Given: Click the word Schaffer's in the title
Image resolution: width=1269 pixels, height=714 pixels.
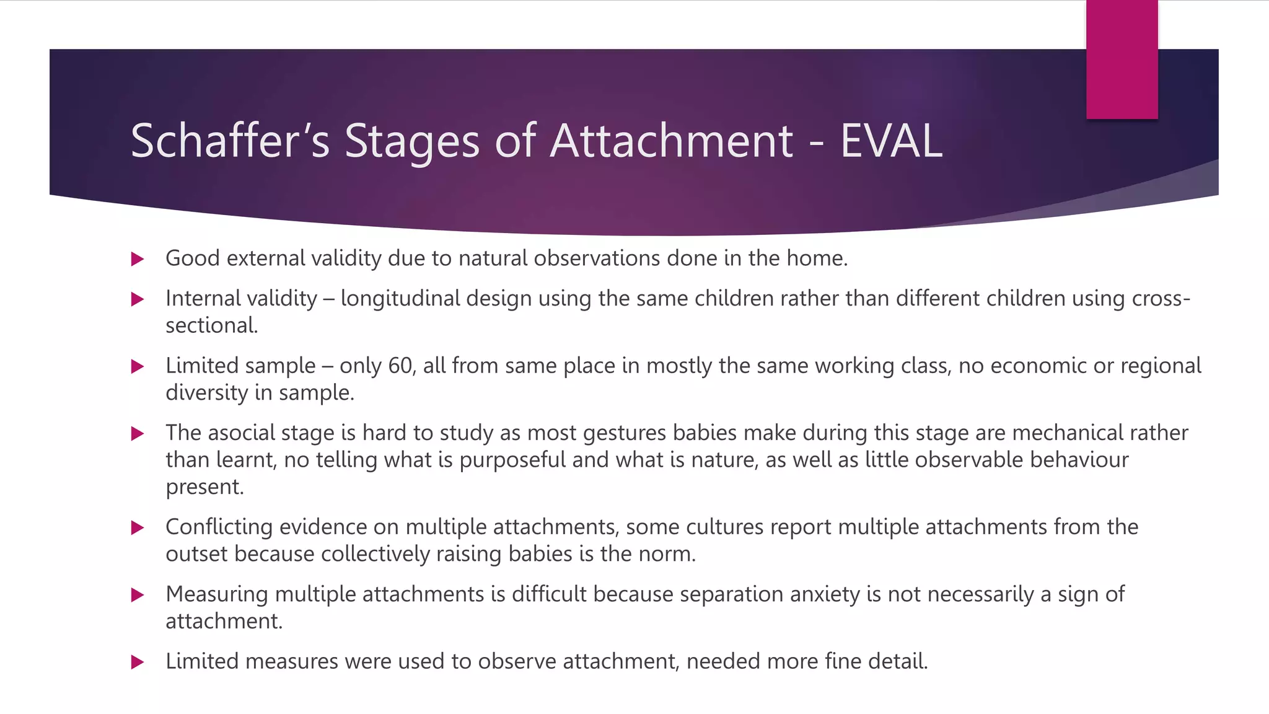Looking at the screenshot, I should coord(230,141).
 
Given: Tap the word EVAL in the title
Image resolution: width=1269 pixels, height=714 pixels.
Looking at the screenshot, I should coord(890,141).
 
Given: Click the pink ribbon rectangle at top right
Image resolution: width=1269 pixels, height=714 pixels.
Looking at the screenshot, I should coord(1122,59).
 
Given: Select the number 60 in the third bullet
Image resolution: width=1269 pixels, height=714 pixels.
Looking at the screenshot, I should coord(400,366).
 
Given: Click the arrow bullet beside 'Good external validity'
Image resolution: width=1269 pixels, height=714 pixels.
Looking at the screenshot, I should coord(138,259).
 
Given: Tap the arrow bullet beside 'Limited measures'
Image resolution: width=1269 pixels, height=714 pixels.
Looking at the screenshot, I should coord(138,662).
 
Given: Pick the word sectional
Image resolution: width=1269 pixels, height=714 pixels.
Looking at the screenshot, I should coord(211,325).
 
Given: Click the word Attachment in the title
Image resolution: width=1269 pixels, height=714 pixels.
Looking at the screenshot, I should coord(671,141).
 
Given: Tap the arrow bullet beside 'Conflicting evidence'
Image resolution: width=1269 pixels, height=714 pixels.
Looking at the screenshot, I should coord(138,528).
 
